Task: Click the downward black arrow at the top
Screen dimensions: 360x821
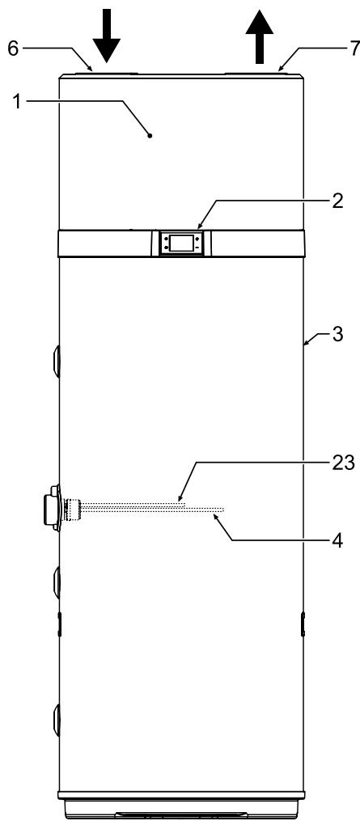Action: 106,36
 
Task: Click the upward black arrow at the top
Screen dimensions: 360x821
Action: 260,36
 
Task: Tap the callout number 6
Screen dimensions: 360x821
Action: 13,49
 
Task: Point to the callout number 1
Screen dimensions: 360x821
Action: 17,101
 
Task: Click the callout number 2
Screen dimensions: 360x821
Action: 337,201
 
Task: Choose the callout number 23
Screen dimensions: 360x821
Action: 343,463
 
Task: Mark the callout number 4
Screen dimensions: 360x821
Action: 337,541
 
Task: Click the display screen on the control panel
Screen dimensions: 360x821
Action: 181,243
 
